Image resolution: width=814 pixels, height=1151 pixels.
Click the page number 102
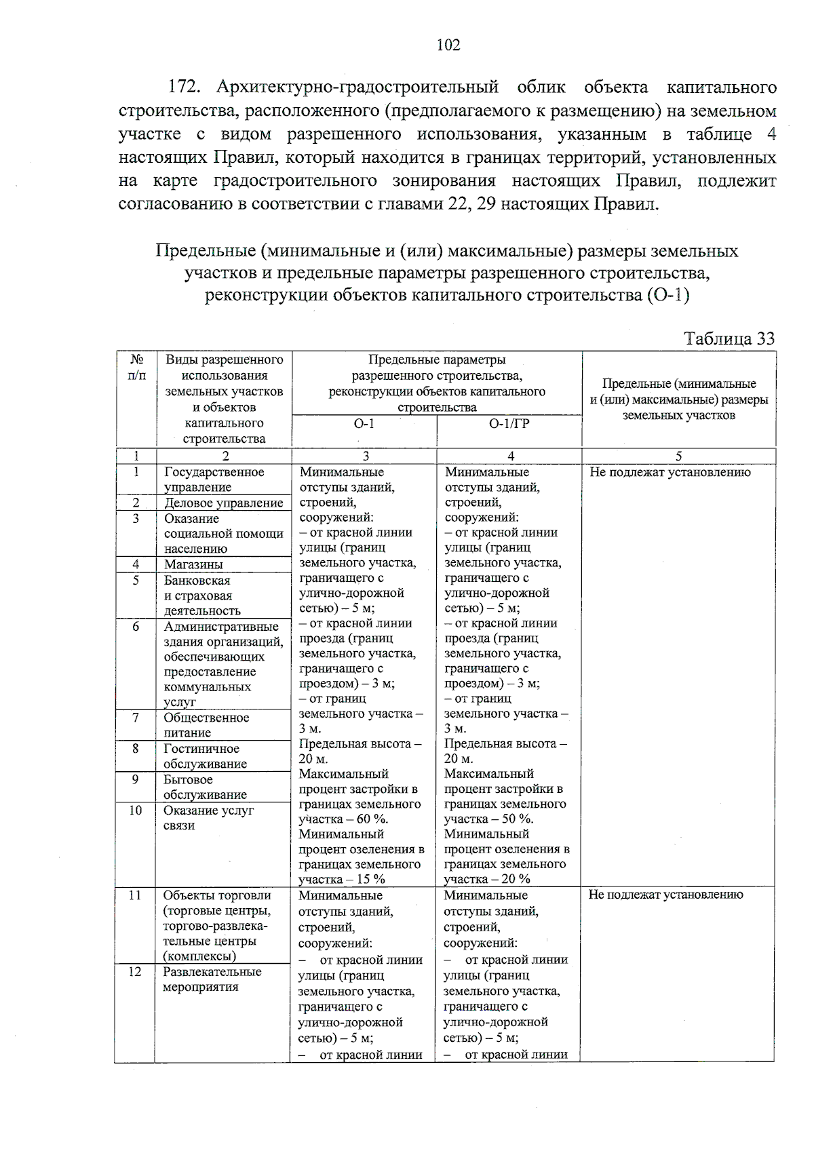[448, 45]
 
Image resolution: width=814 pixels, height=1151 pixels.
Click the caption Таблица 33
[729, 338]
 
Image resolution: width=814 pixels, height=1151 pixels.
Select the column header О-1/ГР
[509, 425]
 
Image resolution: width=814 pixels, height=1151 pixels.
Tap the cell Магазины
[193, 564]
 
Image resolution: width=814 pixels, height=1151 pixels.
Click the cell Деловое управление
[223, 503]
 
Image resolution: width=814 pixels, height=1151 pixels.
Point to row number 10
[135, 811]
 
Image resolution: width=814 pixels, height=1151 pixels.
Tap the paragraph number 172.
[182, 87]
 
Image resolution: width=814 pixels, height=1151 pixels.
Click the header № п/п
[136, 367]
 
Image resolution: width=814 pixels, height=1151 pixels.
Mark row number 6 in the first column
[136, 627]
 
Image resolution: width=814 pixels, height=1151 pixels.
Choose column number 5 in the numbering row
[678, 456]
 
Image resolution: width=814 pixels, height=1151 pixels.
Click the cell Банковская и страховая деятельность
[201, 596]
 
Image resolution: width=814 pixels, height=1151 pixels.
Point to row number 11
[135, 895]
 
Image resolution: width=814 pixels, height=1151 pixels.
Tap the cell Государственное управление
[213, 480]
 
